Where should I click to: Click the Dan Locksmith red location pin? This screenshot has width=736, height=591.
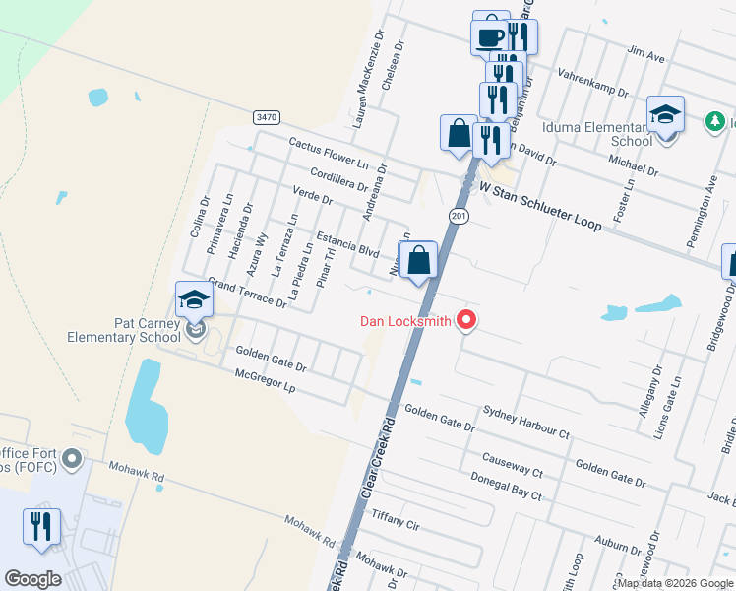click(467, 320)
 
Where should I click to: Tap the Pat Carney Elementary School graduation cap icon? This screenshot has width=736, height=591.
click(194, 300)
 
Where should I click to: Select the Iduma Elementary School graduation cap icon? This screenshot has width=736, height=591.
click(665, 114)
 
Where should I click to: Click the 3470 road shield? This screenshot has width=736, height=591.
click(266, 116)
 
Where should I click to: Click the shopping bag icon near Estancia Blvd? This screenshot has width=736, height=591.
click(418, 260)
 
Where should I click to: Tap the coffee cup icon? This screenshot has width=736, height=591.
click(490, 36)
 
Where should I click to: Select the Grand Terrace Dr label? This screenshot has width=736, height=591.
click(246, 293)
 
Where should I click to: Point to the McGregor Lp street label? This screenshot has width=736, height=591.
click(266, 381)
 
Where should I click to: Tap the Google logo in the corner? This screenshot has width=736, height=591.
click(32, 578)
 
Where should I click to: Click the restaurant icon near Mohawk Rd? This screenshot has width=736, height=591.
click(41, 527)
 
